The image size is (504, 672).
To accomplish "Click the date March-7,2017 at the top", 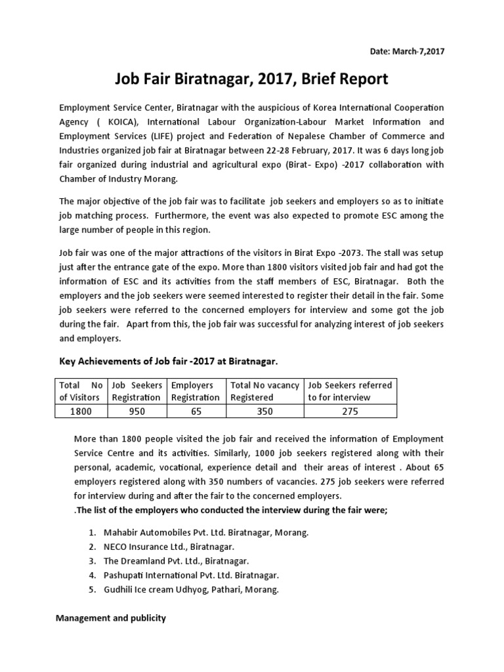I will coord(406,52).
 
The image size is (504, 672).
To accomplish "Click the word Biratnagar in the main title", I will coord(220,80).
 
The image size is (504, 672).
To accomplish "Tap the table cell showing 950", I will coord(137,411).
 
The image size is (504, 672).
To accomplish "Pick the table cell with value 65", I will coord(196,411).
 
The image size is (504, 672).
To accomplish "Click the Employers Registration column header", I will coord(196,391).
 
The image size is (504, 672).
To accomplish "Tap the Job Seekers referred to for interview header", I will coord(350,391).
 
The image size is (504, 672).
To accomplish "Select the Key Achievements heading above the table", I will coord(169,362).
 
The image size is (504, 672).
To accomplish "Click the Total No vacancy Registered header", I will coord(264,391).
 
